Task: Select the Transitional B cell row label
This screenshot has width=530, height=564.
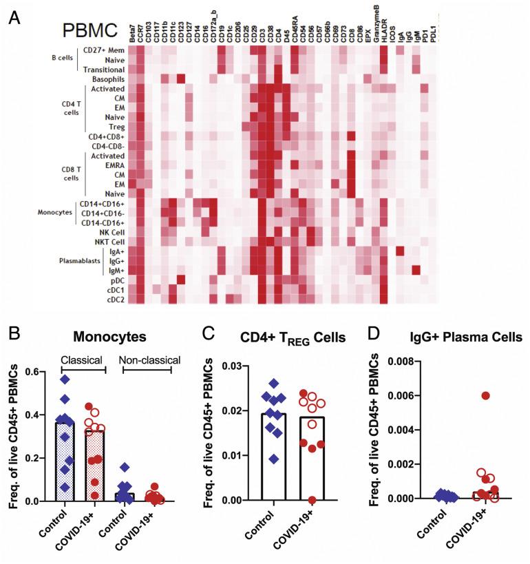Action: point(105,70)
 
